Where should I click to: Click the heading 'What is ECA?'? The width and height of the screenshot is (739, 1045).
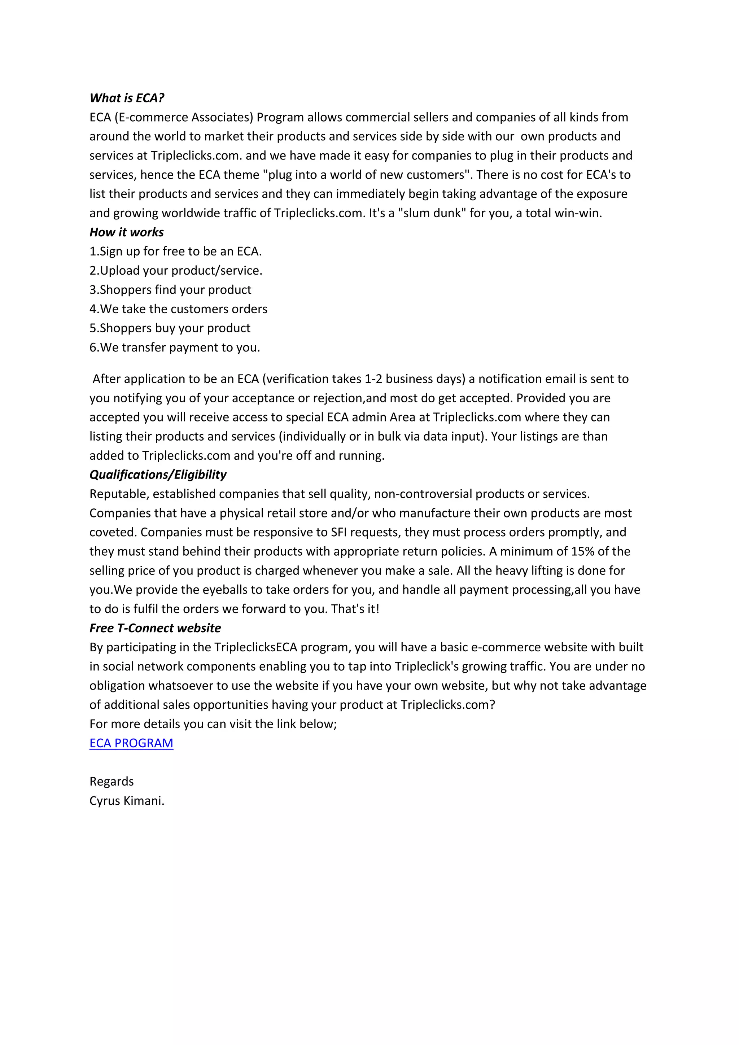127,98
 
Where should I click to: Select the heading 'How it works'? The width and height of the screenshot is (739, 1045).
127,232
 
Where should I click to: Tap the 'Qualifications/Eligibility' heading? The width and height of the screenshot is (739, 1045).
157,475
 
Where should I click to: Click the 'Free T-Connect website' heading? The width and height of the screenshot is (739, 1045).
155,628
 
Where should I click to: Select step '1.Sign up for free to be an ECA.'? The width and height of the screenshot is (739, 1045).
176,251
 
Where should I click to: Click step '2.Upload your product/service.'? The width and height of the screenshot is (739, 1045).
176,271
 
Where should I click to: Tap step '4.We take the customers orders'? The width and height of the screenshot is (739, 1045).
178,309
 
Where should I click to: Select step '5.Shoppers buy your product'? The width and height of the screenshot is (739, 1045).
170,328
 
